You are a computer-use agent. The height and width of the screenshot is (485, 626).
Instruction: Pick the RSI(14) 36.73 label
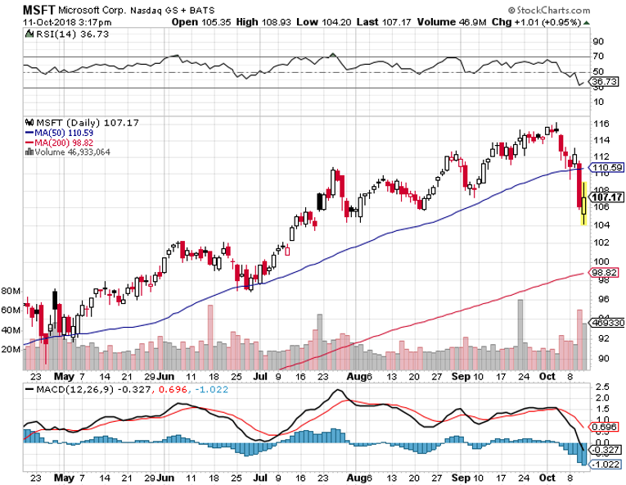57,34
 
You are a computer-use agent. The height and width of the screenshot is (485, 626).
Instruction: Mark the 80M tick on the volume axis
11,291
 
